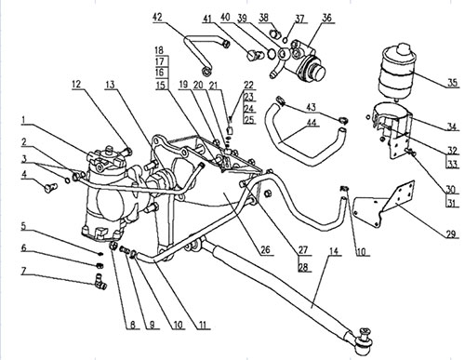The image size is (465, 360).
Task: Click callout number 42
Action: (x=157, y=17)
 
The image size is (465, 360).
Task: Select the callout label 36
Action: (x=326, y=18)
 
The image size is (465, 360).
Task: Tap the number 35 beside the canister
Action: (x=452, y=83)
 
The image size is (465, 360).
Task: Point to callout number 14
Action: (x=334, y=251)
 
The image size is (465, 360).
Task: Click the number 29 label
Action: (x=452, y=233)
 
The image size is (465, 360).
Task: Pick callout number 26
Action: (x=265, y=249)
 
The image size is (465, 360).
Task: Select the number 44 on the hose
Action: (x=312, y=123)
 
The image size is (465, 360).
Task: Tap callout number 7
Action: (x=24, y=271)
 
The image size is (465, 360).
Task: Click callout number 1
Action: (x=24, y=120)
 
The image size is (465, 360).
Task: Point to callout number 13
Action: (x=110, y=85)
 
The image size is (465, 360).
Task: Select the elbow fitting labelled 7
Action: (x=100, y=280)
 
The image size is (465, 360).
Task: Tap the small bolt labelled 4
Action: (x=50, y=187)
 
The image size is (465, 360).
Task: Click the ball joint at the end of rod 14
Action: (x=364, y=340)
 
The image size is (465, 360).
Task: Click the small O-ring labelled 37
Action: (x=286, y=39)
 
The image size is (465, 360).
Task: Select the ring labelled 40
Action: (x=271, y=53)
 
